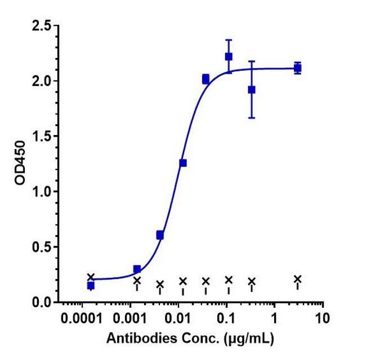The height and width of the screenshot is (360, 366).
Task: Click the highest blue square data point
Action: (229, 56)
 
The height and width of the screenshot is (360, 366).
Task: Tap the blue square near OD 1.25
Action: (182, 163)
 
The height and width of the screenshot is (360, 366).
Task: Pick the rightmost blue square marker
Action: (297, 68)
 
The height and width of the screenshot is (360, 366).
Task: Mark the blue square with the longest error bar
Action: (252, 89)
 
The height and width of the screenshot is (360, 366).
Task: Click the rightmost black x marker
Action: (297, 278)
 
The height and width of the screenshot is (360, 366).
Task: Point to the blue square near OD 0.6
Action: (160, 235)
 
